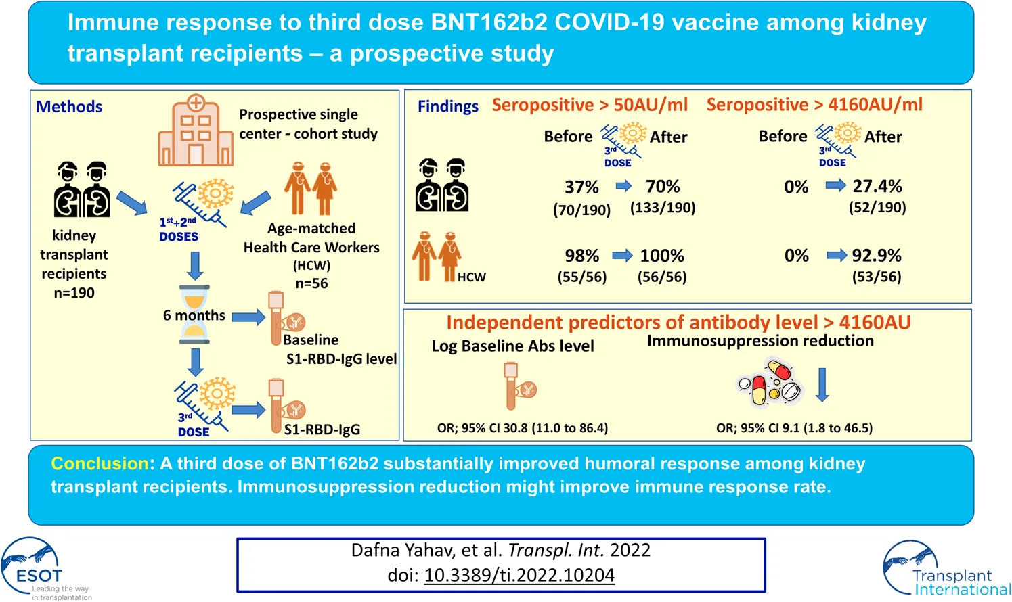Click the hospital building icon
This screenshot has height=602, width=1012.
196,131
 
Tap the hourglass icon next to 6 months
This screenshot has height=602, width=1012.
194,315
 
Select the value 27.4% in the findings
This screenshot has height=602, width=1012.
877,186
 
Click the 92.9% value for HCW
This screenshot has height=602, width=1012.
877,256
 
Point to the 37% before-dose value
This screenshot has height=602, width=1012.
581,187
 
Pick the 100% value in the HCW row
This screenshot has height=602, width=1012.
662,256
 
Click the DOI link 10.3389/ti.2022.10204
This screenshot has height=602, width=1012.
519,576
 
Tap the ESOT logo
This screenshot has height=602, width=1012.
37,567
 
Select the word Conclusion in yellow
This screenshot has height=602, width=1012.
100,463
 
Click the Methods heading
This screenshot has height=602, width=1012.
69,107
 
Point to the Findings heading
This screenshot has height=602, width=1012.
447,106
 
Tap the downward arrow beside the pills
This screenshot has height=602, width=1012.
822,384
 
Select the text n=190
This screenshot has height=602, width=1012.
74,293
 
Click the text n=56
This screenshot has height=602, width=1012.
311,283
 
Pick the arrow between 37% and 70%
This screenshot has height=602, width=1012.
623,186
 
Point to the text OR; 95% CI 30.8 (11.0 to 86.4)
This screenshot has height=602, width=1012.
523,428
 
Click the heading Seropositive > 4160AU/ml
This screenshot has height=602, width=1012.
814,105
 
